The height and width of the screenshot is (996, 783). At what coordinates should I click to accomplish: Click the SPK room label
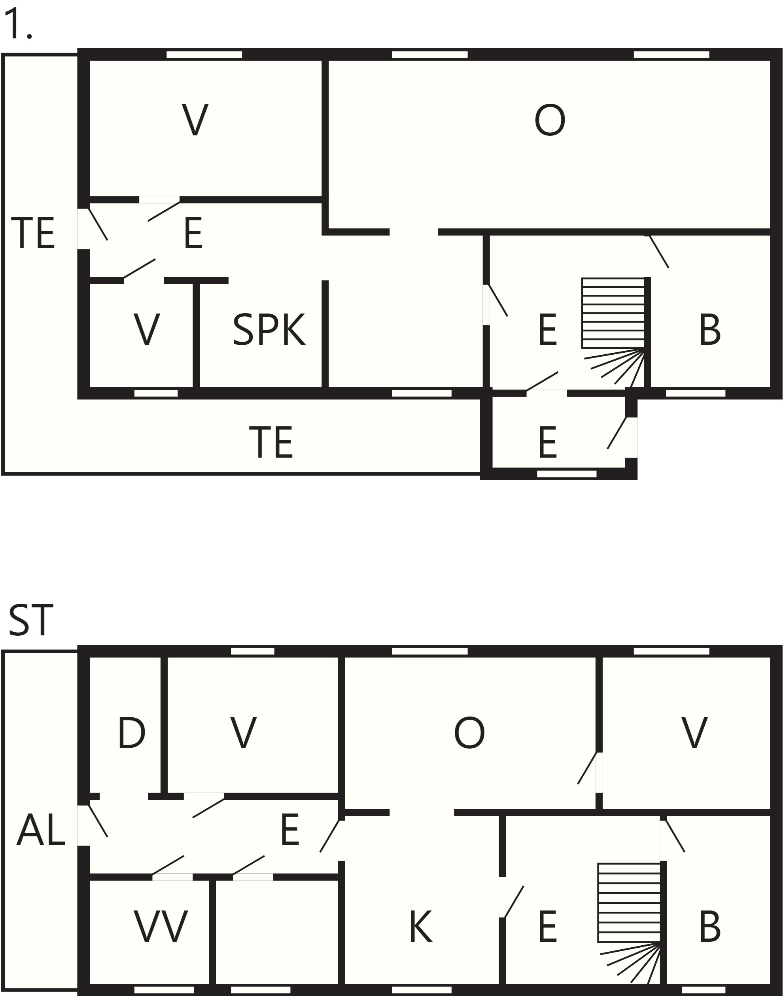[x=269, y=329]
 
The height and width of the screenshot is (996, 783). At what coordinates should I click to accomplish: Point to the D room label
[x=132, y=733]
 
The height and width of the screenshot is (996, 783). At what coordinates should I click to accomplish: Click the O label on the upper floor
[x=550, y=120]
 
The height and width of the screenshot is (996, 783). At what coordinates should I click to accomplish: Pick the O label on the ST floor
[x=469, y=733]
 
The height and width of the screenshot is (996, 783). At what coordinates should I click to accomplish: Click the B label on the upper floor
[x=710, y=329]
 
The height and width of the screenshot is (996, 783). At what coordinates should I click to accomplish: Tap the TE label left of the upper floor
[x=32, y=233]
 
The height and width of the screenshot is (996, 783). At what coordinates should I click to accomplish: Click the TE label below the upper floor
[x=271, y=442]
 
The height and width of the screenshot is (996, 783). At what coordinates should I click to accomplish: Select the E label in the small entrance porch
[x=548, y=442]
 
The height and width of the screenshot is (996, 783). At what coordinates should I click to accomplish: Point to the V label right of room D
[x=243, y=733]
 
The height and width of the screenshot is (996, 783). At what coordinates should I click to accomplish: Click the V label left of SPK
[x=147, y=329]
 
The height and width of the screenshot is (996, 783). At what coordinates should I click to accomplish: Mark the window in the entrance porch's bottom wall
[x=567, y=474]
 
